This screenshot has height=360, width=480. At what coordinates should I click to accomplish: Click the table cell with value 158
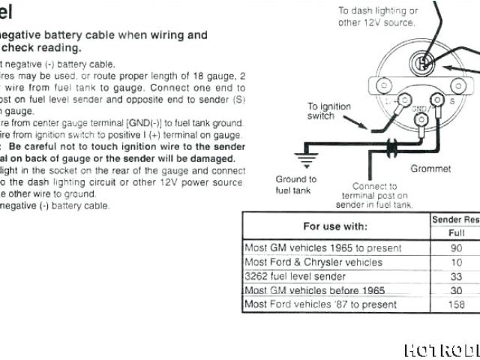(x=456, y=304)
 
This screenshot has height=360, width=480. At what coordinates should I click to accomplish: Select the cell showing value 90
(x=456, y=247)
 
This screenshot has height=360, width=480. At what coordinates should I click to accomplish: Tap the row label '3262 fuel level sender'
(x=295, y=276)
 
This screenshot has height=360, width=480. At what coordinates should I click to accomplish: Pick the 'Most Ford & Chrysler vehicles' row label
(x=313, y=262)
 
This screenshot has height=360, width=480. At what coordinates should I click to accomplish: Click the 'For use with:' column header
(x=335, y=226)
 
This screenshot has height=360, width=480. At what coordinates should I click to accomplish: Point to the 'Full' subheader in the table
(x=456, y=233)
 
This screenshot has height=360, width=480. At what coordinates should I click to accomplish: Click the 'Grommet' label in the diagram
(x=430, y=169)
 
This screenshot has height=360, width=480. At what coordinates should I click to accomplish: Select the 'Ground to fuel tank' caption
(x=296, y=184)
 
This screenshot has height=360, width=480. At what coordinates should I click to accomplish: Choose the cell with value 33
(x=456, y=276)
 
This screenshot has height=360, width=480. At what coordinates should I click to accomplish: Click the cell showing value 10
(x=456, y=262)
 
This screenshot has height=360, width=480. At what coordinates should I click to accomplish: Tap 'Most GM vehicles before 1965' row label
(x=314, y=290)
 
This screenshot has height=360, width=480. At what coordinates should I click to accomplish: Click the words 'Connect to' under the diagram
(x=374, y=186)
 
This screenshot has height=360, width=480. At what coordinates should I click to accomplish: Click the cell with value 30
(x=456, y=290)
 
